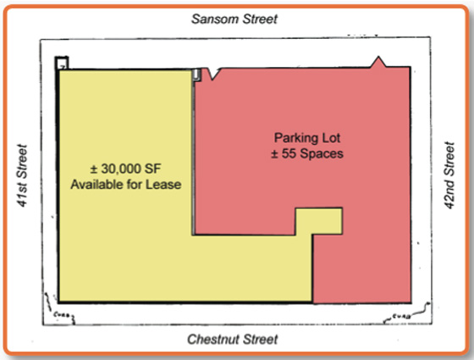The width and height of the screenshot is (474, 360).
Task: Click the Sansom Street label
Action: point(234,19)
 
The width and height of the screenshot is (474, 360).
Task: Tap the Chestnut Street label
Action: point(233,340)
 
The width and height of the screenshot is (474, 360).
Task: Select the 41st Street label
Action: point(22,175)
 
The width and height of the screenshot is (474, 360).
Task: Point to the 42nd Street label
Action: point(449,175)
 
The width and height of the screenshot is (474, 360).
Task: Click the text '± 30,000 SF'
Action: point(126,169)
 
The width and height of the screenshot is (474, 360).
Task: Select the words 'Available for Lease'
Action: point(126,185)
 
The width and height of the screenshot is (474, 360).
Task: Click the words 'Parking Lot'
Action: point(307,138)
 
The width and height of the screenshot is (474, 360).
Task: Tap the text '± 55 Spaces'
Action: point(307,153)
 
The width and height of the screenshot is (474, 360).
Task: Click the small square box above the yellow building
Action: point(62,63)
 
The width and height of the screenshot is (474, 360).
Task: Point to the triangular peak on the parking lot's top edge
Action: point(378,62)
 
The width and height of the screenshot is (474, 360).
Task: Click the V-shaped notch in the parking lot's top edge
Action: point(213,75)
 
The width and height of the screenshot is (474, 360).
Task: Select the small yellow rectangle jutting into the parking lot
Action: point(319,221)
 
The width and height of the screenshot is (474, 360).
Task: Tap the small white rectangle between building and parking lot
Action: point(196,75)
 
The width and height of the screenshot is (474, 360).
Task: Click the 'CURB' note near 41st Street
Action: point(62,315)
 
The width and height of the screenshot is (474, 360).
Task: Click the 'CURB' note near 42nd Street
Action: point(402,317)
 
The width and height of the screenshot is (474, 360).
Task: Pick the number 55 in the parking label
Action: point(289,153)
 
